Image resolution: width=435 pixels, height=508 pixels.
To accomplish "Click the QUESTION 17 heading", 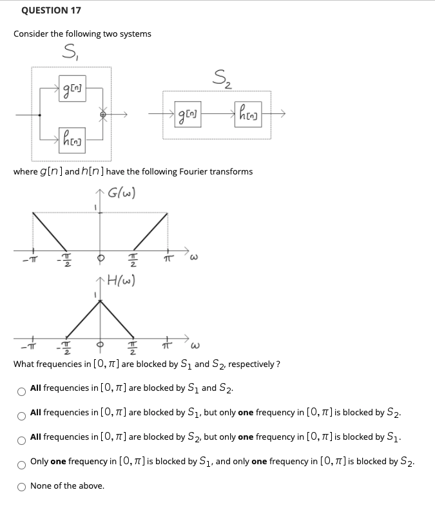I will (51, 10).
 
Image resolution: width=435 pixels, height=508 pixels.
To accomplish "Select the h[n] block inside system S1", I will (70, 136).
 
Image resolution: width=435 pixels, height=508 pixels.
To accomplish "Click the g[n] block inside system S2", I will (186, 115).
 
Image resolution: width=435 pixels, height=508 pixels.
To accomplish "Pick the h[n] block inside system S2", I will (247, 115).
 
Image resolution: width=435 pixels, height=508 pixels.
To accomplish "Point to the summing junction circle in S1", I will (101, 115).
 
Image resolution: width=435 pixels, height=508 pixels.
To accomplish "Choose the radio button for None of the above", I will (21, 486).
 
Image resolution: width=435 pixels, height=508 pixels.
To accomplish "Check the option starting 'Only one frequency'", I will (21, 462).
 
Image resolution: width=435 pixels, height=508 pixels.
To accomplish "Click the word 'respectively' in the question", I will (253, 364).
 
